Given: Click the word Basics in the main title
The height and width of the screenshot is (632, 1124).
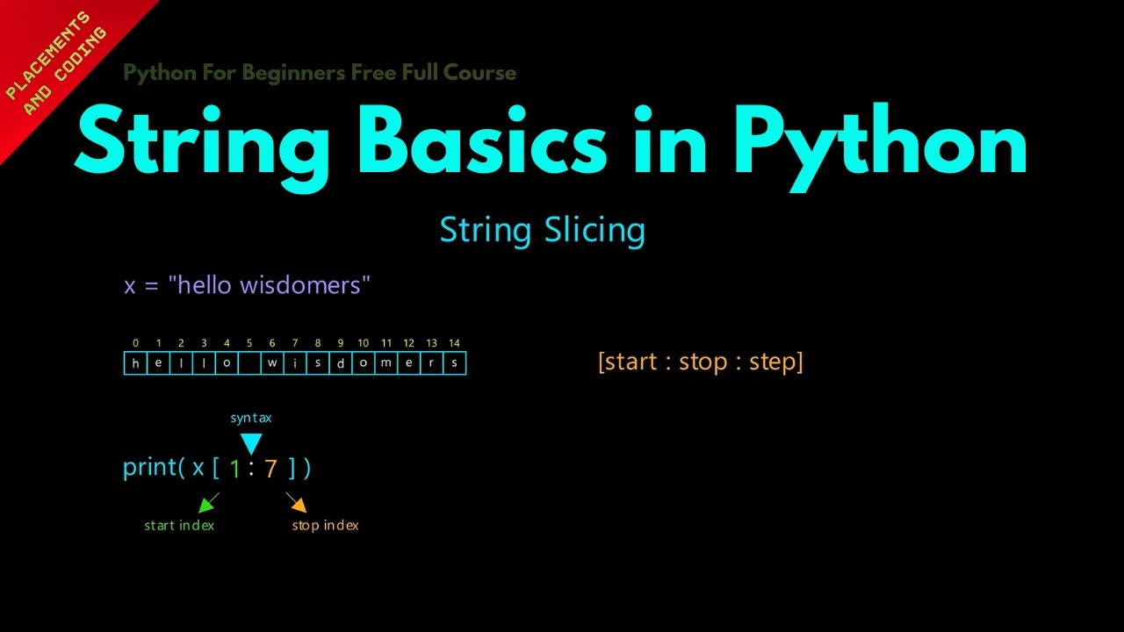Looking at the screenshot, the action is (482, 140).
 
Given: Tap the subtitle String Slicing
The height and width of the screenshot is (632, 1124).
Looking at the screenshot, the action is (543, 231).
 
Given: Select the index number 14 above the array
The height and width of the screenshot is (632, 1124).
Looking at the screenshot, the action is (454, 343).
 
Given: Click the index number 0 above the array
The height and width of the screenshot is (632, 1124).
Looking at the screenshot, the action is (135, 343).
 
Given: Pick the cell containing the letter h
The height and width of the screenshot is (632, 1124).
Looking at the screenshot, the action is (135, 363).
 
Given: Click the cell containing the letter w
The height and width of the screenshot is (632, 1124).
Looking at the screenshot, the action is (272, 363).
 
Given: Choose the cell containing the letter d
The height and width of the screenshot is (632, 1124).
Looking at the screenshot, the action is (340, 363).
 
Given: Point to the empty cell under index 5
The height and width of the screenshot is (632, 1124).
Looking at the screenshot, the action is (249, 363).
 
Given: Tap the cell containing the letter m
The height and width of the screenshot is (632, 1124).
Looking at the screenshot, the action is (385, 363).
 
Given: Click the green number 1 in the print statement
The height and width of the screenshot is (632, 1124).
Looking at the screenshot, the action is (234, 469).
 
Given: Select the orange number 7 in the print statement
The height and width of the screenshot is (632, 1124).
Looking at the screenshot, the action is (270, 469).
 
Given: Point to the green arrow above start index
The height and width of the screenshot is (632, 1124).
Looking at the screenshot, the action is (209, 503).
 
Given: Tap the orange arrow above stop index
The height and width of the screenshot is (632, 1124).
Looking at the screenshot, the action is (296, 502).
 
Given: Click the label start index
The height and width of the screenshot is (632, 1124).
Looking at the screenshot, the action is (179, 525).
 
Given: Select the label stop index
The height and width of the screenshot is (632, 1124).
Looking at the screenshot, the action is (325, 526).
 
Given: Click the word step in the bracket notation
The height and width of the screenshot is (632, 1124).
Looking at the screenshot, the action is (772, 363).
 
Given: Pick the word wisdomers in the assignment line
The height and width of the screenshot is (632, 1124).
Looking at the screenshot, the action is (300, 285).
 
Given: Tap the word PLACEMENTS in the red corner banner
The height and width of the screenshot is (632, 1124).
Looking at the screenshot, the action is (47, 55).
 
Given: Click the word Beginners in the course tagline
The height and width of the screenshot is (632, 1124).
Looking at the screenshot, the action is (293, 73).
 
